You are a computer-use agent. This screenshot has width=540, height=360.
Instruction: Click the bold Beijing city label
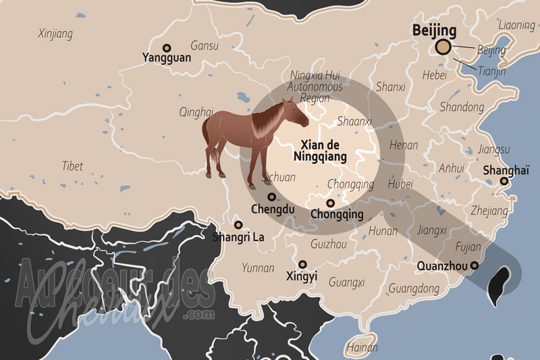coord(434,31)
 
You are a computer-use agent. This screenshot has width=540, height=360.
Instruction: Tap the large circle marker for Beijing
coord(443,47)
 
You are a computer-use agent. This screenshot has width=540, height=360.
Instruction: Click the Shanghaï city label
coord(506,170)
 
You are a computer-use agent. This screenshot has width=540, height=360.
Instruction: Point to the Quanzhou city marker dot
coord(475,265)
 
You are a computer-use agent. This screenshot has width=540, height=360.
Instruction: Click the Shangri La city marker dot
coord(238,225)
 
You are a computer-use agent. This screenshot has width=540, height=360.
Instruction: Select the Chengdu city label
coord(273,209)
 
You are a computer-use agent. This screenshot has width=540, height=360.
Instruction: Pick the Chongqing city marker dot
coord(330,203)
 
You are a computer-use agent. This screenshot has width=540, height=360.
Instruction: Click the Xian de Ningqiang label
coord(321,151)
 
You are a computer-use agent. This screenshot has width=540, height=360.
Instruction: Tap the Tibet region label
coord(73,165)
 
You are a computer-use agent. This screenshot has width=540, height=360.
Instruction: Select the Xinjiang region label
coord(55,33)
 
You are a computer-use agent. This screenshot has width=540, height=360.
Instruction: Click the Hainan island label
coord(362,348)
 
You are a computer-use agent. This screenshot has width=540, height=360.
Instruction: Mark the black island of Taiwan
coord(500,282)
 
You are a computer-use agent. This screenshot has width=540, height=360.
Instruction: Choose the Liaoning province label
coord(516,25)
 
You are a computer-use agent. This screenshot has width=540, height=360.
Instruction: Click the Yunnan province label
coord(258,268)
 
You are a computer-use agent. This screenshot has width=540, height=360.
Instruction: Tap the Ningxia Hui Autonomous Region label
coord(315,86)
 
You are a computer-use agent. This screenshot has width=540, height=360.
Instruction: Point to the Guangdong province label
coord(414,288)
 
